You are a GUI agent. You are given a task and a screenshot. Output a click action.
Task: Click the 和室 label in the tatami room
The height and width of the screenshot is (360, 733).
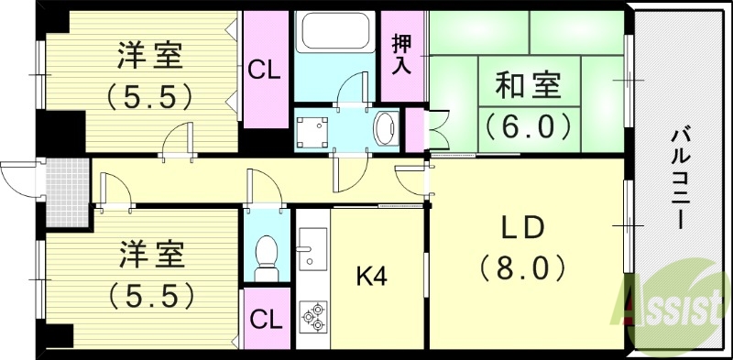click(x=530, y=87)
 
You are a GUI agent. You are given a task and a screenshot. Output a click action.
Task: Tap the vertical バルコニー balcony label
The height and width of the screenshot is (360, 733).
click(x=679, y=179)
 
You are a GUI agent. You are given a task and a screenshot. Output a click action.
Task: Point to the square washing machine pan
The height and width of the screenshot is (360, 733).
click(x=313, y=129)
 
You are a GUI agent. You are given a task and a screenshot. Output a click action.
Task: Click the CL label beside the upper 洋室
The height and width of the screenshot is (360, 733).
click(x=266, y=70)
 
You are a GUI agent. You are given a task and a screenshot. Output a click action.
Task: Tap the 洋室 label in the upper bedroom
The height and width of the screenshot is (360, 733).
click(x=149, y=56)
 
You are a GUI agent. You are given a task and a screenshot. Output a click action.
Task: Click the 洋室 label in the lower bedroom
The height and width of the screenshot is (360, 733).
click(x=149, y=255)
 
